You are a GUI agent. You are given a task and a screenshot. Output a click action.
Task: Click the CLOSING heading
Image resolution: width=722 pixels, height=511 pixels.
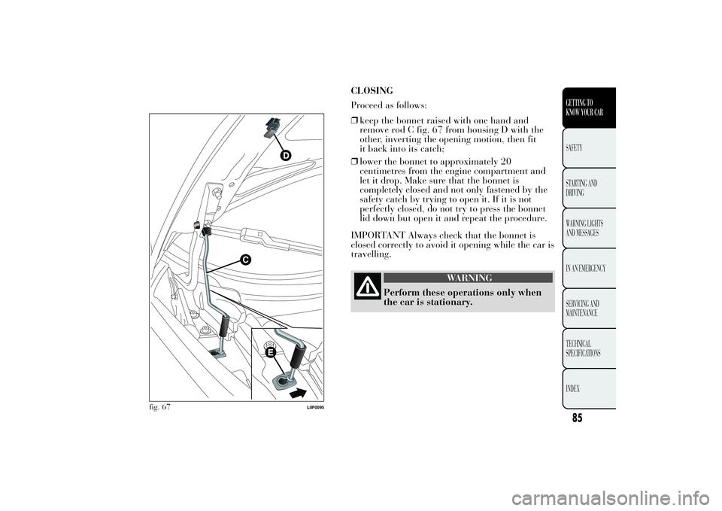372,91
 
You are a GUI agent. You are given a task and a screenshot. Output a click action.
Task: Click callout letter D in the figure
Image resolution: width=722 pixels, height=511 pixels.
286,155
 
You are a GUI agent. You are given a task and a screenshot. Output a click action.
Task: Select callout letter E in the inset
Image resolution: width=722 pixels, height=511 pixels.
268,352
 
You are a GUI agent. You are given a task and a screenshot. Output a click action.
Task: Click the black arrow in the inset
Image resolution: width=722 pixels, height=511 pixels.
299,391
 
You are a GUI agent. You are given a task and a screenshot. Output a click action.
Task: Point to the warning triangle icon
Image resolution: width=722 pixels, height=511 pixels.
368,288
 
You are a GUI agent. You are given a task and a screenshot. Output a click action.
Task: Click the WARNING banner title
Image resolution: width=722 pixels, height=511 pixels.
469,278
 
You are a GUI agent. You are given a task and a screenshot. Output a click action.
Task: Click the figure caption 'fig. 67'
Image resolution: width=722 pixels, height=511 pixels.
159,406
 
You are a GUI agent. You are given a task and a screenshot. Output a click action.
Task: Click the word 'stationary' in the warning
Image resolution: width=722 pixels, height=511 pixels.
444,303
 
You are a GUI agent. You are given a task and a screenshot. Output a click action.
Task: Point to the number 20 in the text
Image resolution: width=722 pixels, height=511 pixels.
504,161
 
